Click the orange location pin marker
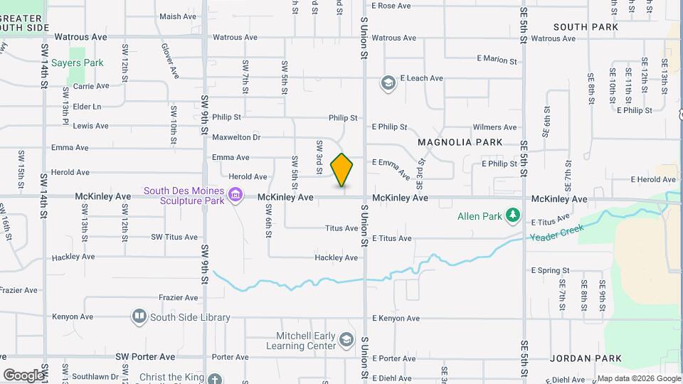tap(342, 170)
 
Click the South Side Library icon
tap(139, 316)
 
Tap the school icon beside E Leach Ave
tap(388, 84)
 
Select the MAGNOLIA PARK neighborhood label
tap(460, 142)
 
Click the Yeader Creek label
tap(557, 232)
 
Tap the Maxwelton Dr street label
tap(236, 137)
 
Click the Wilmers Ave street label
tap(494, 127)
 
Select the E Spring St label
tap(550, 270)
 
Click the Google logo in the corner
tap(23, 375)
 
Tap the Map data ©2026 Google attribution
tap(638, 378)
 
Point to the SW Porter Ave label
tap(146, 356)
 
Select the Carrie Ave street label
tap(91, 86)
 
